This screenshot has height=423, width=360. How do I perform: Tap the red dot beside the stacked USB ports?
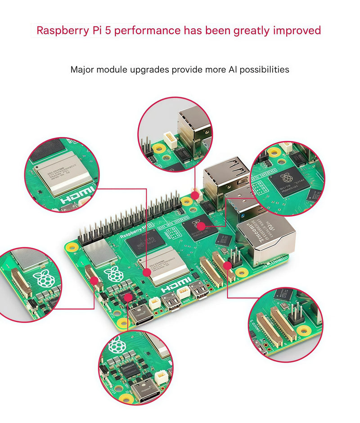(x=195, y=195)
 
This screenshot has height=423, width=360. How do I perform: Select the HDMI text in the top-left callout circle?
(x=78, y=197)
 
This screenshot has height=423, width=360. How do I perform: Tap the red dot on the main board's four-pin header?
(x=228, y=266)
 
